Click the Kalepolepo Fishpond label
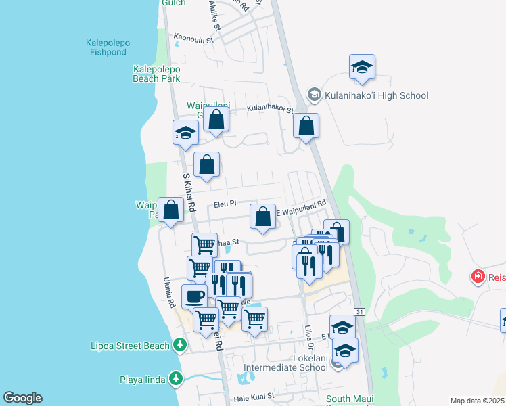108,47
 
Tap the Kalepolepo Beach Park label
156,74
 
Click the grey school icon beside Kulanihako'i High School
314,95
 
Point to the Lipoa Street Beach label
130,346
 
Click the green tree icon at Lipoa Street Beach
179,346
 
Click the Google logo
22,398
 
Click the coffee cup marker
194,296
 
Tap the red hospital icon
478,277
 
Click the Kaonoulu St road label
193,39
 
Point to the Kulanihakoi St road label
270,108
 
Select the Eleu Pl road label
225,203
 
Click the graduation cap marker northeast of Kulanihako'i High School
363,67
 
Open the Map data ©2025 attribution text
477,401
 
